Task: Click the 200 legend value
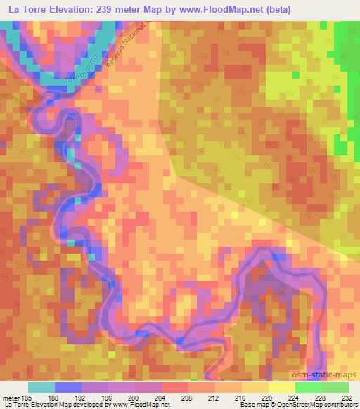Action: (124, 397)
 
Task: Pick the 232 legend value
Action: (346, 397)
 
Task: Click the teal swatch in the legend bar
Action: (41, 387)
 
